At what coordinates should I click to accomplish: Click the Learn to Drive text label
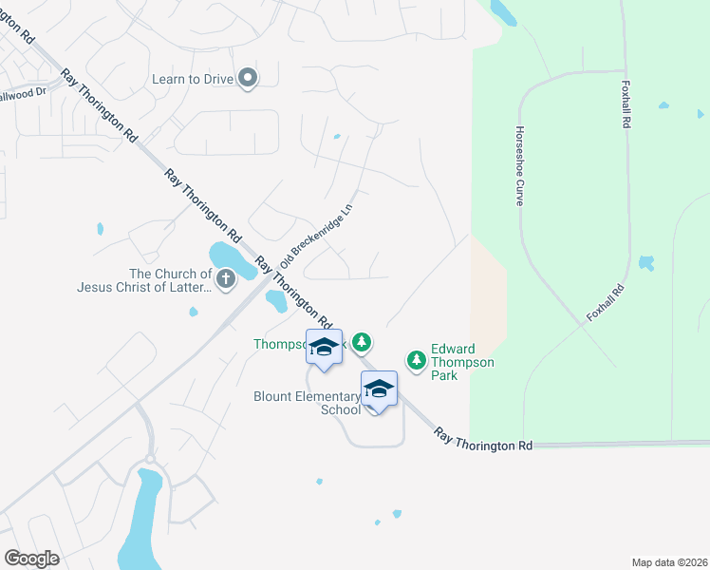(193, 79)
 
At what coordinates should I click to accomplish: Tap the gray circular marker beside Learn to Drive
(248, 78)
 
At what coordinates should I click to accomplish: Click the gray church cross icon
(226, 279)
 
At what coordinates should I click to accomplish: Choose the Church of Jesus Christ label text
(143, 281)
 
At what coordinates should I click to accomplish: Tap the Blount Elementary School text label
(307, 403)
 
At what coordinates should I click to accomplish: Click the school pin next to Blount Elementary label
(379, 389)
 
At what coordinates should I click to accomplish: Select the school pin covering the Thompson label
(324, 348)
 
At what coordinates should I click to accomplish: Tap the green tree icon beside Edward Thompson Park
(416, 360)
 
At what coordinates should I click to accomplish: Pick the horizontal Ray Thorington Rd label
(484, 439)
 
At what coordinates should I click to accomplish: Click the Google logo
(31, 559)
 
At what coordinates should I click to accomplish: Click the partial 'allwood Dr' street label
(23, 94)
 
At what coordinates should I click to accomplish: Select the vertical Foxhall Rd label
(626, 104)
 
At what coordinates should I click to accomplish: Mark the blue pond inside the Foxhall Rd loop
(646, 262)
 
